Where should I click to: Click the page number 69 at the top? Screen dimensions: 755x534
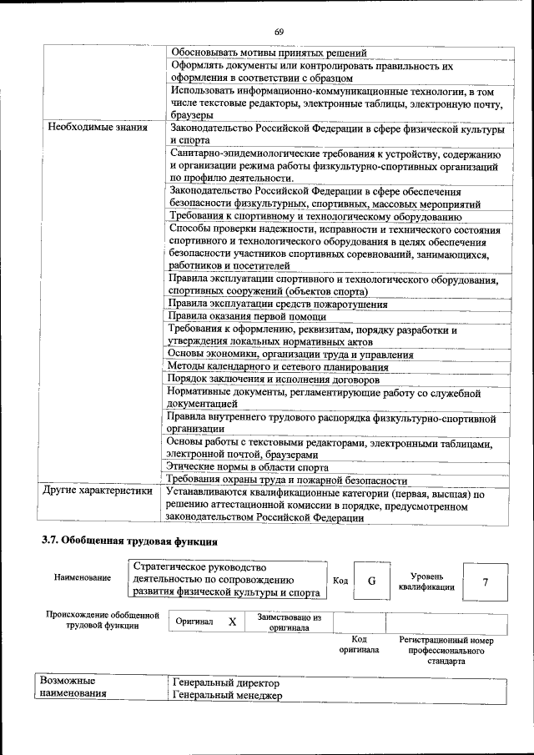279,32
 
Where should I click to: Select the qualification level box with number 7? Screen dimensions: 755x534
485,581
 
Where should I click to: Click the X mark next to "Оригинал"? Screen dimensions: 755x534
232,622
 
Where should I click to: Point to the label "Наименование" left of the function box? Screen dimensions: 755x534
82,577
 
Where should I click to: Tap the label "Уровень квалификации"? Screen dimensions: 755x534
426,581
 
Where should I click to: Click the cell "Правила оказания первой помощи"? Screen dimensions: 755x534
236,316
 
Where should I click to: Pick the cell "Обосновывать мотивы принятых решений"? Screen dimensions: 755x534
268,53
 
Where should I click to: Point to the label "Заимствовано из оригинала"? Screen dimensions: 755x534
289,622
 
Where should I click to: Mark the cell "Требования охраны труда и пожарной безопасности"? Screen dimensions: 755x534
287,480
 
